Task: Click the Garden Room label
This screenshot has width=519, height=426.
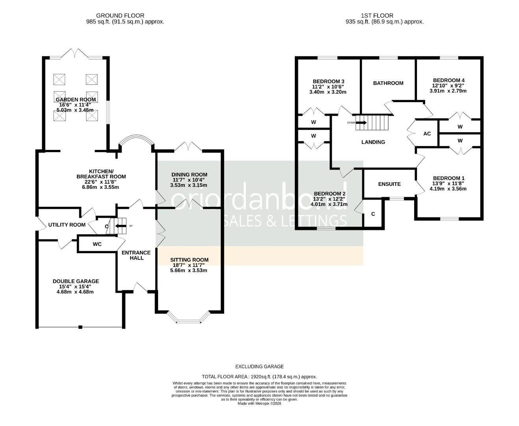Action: pyautogui.click(x=76, y=99)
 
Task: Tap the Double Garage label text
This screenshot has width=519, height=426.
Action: pyautogui.click(x=76, y=281)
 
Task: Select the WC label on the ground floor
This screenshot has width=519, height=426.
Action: pyautogui.click(x=97, y=244)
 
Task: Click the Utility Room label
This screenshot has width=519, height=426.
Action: pyautogui.click(x=67, y=225)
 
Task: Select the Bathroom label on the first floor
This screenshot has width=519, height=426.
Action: pyautogui.click(x=388, y=83)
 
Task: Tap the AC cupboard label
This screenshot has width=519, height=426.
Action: pyautogui.click(x=427, y=134)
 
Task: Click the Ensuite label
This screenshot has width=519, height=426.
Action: pyautogui.click(x=389, y=184)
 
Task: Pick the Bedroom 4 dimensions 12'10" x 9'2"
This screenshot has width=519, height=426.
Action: pyautogui.click(x=448, y=86)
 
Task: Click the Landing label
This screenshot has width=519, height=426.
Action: pyautogui.click(x=373, y=142)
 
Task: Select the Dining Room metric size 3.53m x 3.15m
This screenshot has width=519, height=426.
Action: pyautogui.click(x=189, y=185)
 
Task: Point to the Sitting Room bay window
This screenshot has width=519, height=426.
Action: pyautogui.click(x=188, y=318)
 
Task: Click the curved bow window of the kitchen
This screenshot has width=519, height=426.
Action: pyautogui.click(x=136, y=138)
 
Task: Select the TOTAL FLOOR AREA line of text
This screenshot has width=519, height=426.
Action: pyautogui.click(x=259, y=377)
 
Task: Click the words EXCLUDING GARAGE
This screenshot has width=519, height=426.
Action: pyautogui.click(x=259, y=366)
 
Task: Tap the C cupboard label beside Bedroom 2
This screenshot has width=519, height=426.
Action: pyautogui.click(x=373, y=214)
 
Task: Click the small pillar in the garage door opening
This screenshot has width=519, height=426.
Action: pyautogui.click(x=80, y=327)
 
